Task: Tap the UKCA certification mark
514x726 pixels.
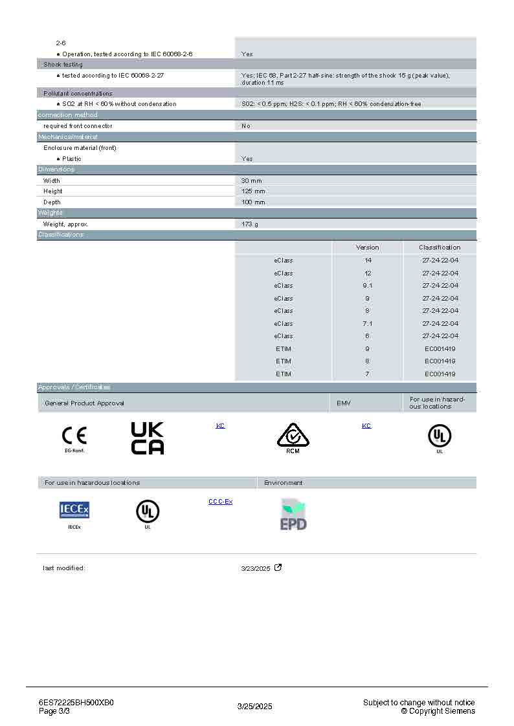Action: point(148,438)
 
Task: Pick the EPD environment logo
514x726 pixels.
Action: point(293,515)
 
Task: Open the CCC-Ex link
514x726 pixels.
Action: point(220,502)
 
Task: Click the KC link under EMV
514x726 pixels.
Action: point(366,426)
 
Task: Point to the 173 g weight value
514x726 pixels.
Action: point(250,224)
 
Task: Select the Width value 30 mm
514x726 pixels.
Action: point(251,180)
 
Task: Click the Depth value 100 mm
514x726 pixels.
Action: point(253,202)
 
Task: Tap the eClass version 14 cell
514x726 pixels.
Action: point(368,260)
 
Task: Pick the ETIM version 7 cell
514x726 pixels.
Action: point(368,374)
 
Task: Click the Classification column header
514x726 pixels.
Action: point(440,247)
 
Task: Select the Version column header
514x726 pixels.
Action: point(368,247)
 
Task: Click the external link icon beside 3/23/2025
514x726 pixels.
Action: point(278,568)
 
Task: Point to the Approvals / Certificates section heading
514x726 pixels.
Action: point(74,387)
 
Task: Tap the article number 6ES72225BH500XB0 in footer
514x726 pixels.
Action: point(76,703)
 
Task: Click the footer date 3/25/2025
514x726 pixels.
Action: point(255,707)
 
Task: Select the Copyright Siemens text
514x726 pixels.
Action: point(438,711)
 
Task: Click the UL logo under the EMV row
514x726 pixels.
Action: point(440,437)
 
